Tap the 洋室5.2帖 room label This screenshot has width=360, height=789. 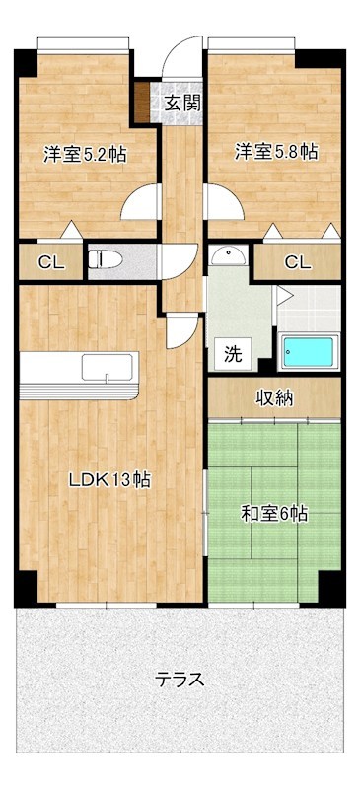[x=84, y=155]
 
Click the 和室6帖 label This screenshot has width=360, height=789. [x=274, y=513]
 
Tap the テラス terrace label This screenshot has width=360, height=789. [x=180, y=680]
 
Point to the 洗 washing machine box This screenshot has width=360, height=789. [x=232, y=353]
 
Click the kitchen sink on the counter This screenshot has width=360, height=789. [x=103, y=367]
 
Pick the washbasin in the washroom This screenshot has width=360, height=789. [x=229, y=254]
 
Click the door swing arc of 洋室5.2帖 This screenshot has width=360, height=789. [x=141, y=204]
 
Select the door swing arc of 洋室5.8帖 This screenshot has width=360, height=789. [x=224, y=204]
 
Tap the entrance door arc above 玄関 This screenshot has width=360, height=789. [x=182, y=59]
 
